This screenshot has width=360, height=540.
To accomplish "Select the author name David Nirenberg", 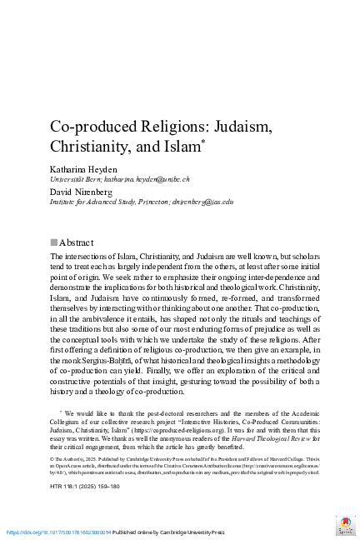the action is pos(83,192).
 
